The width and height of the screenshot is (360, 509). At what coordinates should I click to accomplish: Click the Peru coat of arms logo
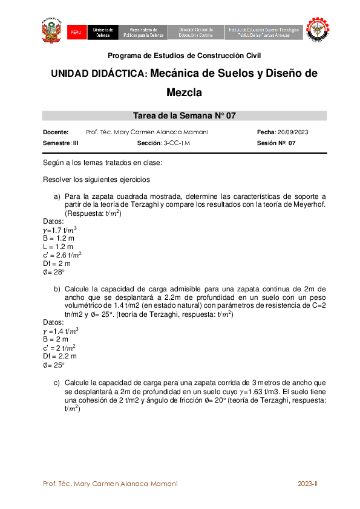coord(52,31)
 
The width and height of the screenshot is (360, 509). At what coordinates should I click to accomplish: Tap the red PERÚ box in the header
coord(76,33)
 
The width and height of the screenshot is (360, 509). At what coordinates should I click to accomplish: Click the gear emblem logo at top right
coord(317,31)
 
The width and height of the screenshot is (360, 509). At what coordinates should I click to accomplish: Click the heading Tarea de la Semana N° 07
coord(184,116)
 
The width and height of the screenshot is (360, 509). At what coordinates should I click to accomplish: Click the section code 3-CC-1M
coord(177,143)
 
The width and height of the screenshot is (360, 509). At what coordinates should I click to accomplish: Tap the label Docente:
coord(56,132)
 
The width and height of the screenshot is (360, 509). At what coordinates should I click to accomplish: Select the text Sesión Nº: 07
coord(277,143)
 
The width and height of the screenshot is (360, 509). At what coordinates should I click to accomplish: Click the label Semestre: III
coord(61,143)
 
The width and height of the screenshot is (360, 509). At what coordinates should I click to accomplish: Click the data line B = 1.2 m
coord(58,238)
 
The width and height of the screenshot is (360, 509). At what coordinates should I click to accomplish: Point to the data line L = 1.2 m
coord(57,247)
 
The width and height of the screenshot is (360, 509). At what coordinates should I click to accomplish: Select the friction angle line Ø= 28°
coord(54,272)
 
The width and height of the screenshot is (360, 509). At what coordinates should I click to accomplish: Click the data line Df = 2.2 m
coord(61,356)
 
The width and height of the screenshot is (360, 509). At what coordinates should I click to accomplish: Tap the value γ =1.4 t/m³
coord(61,331)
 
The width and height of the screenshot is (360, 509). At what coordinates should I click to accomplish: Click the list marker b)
coord(57,289)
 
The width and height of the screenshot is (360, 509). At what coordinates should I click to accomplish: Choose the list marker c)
coord(57,383)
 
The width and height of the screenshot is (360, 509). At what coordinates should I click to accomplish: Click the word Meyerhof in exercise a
coord(310,205)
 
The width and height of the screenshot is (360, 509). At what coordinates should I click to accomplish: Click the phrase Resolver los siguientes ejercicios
coord(97,180)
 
